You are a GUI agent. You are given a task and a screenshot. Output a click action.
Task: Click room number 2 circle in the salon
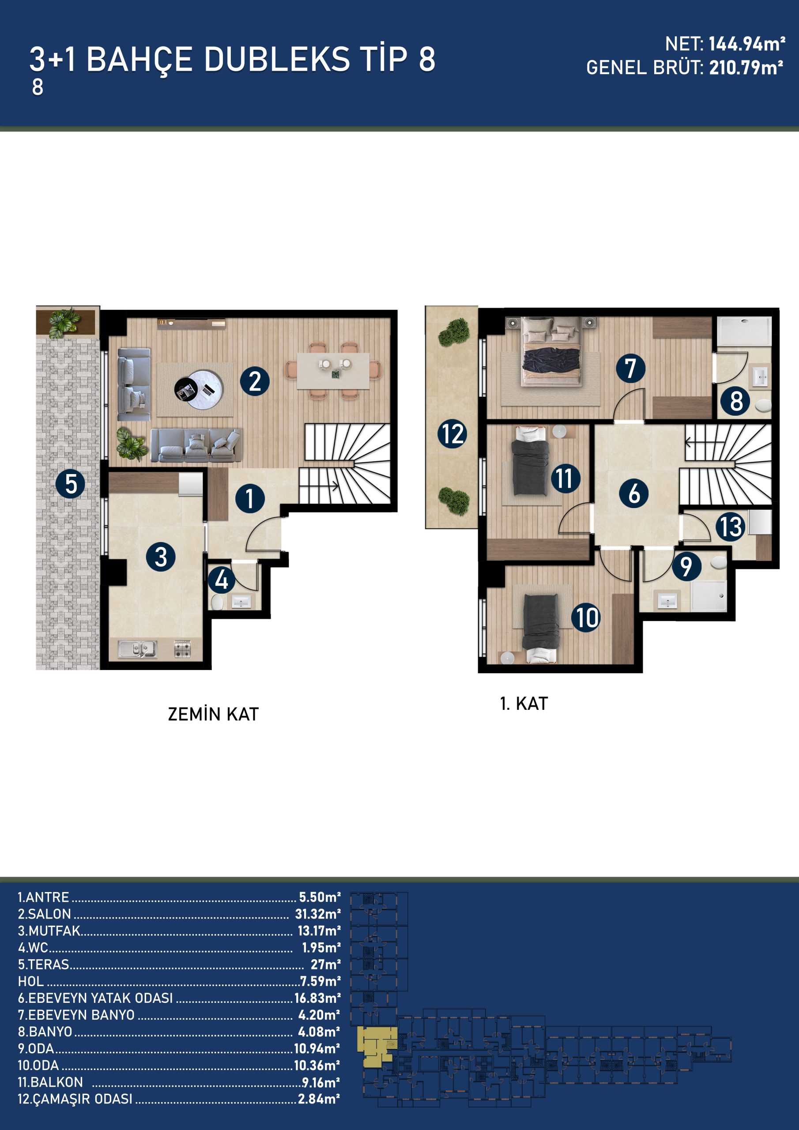[255, 381]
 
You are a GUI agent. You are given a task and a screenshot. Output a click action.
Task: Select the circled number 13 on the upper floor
[730, 527]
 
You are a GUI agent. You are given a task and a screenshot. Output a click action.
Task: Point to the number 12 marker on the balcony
[452, 433]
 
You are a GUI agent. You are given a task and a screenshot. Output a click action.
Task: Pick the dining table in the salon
[333, 371]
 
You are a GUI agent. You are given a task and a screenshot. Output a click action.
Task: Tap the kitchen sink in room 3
[137, 649]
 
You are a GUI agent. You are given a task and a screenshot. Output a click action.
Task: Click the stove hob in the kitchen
[182, 649]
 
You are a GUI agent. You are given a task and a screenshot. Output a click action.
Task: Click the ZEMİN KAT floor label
[213, 714]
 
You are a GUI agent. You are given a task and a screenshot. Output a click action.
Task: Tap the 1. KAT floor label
[524, 704]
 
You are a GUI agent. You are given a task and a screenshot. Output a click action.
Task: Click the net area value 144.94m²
[747, 44]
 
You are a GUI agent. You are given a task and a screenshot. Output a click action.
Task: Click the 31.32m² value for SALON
[317, 914]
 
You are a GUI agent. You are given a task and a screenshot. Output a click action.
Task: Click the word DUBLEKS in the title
[277, 59]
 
